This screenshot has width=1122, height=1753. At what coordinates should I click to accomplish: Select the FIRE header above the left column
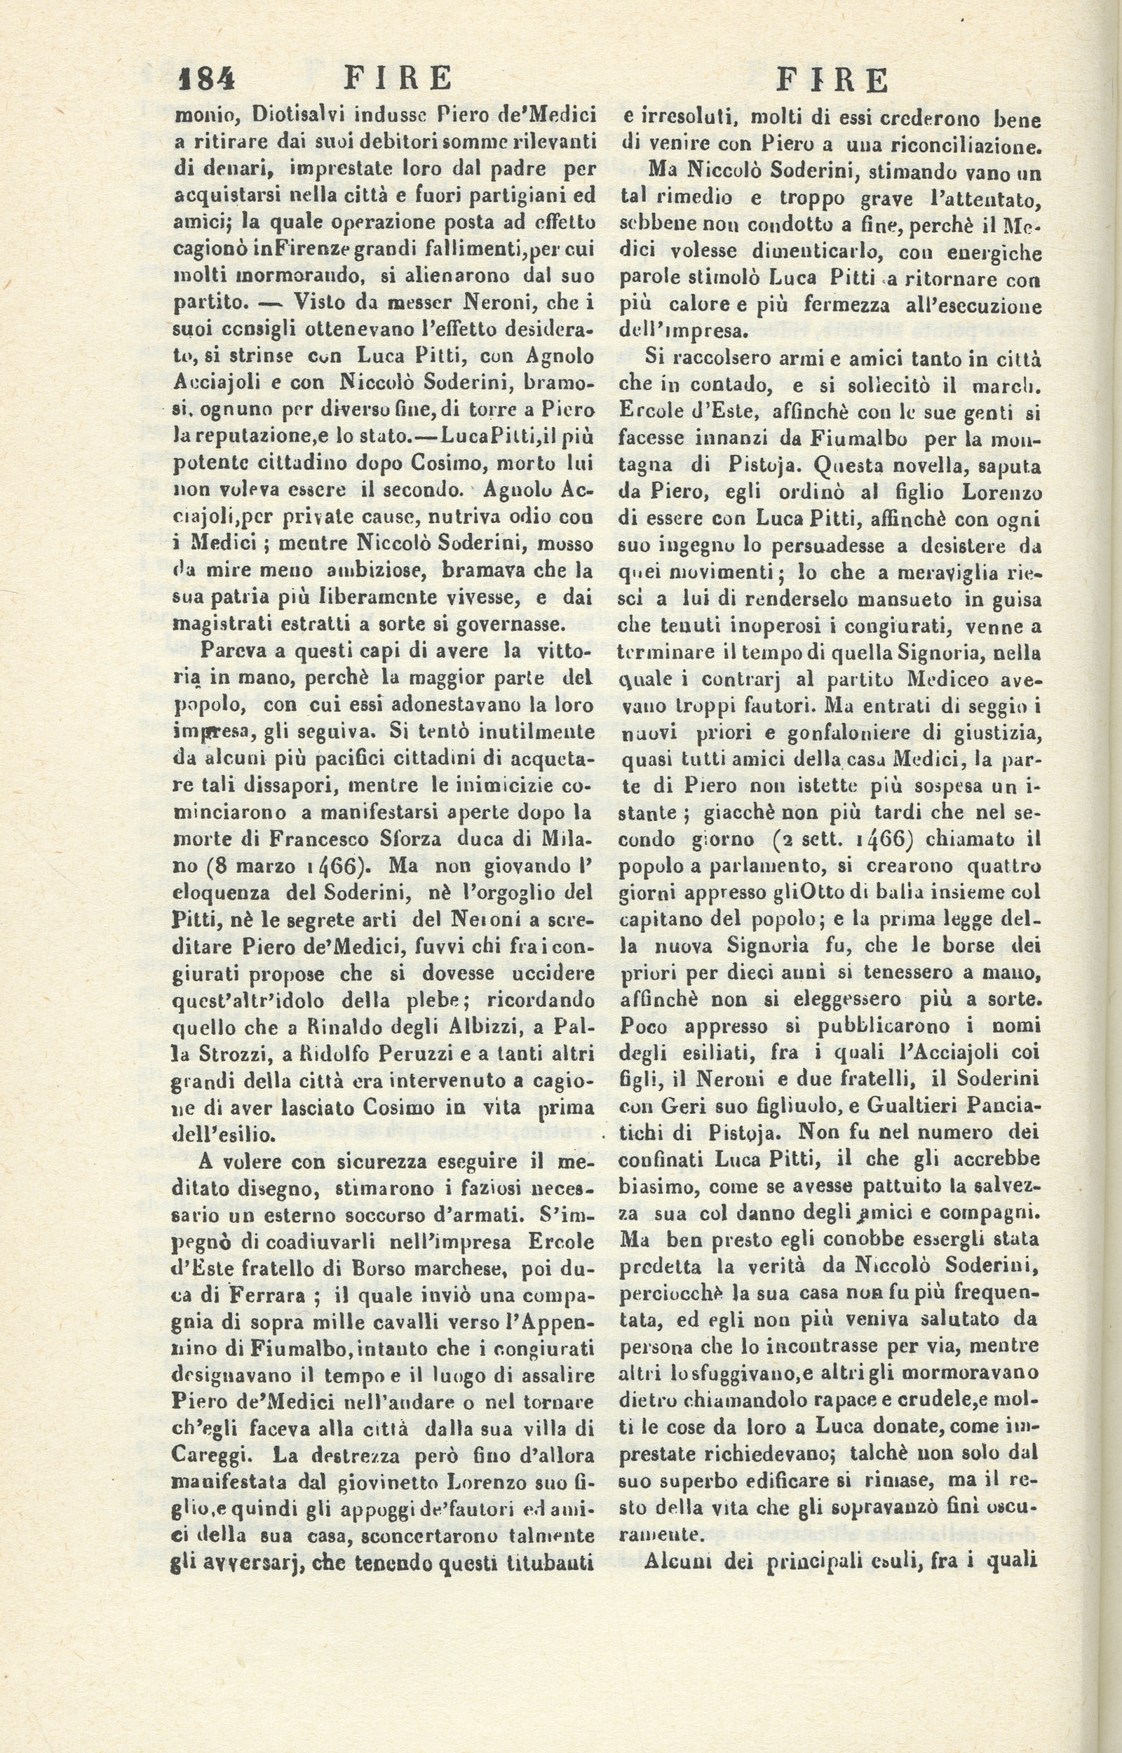coord(397,78)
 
